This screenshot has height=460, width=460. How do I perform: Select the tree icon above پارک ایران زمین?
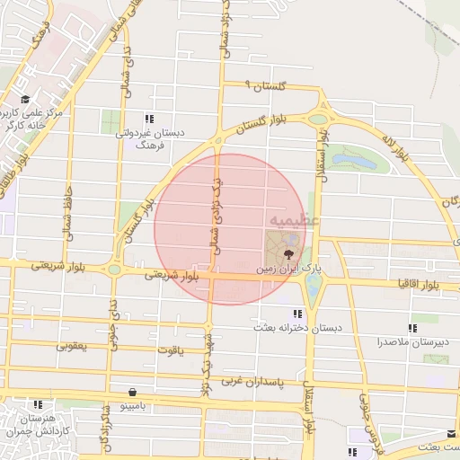coord(287,254)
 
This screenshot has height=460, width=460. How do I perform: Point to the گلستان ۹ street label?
coord(265,85)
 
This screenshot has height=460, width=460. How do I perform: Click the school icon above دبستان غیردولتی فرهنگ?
coord(149,119)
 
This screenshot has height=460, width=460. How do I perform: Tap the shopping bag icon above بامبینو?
coord(134,392)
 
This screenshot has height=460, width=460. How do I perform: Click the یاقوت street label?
coord(170,349)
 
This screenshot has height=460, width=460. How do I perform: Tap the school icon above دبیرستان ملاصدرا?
coord(412,328)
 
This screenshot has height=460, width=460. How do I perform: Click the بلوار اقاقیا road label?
coord(418,284)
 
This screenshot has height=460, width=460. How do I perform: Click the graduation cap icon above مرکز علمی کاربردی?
coord(26,98)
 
